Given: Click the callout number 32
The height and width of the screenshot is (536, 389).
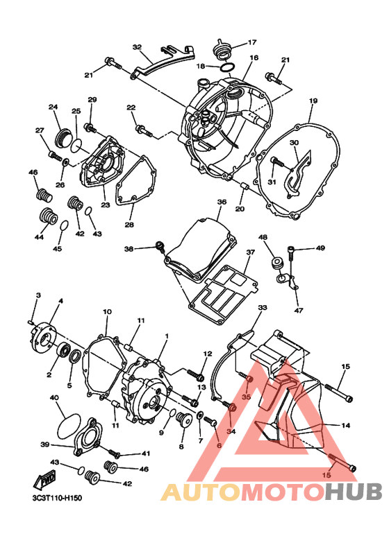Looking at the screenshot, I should point(137,47).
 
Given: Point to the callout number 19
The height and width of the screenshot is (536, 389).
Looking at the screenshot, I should point(313,101).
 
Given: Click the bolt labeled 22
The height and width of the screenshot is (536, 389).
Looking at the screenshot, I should point(142,130).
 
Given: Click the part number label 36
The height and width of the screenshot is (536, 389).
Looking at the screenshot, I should point(222,202).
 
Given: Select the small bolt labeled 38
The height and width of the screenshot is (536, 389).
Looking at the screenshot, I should point(158,245).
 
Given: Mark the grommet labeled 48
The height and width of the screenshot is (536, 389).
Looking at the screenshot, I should point(275,263).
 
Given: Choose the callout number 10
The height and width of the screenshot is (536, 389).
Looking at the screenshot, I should point(107,312).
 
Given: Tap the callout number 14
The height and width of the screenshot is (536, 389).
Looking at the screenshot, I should point(345,424).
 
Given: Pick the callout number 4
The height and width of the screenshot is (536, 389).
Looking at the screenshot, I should point(60,301).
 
